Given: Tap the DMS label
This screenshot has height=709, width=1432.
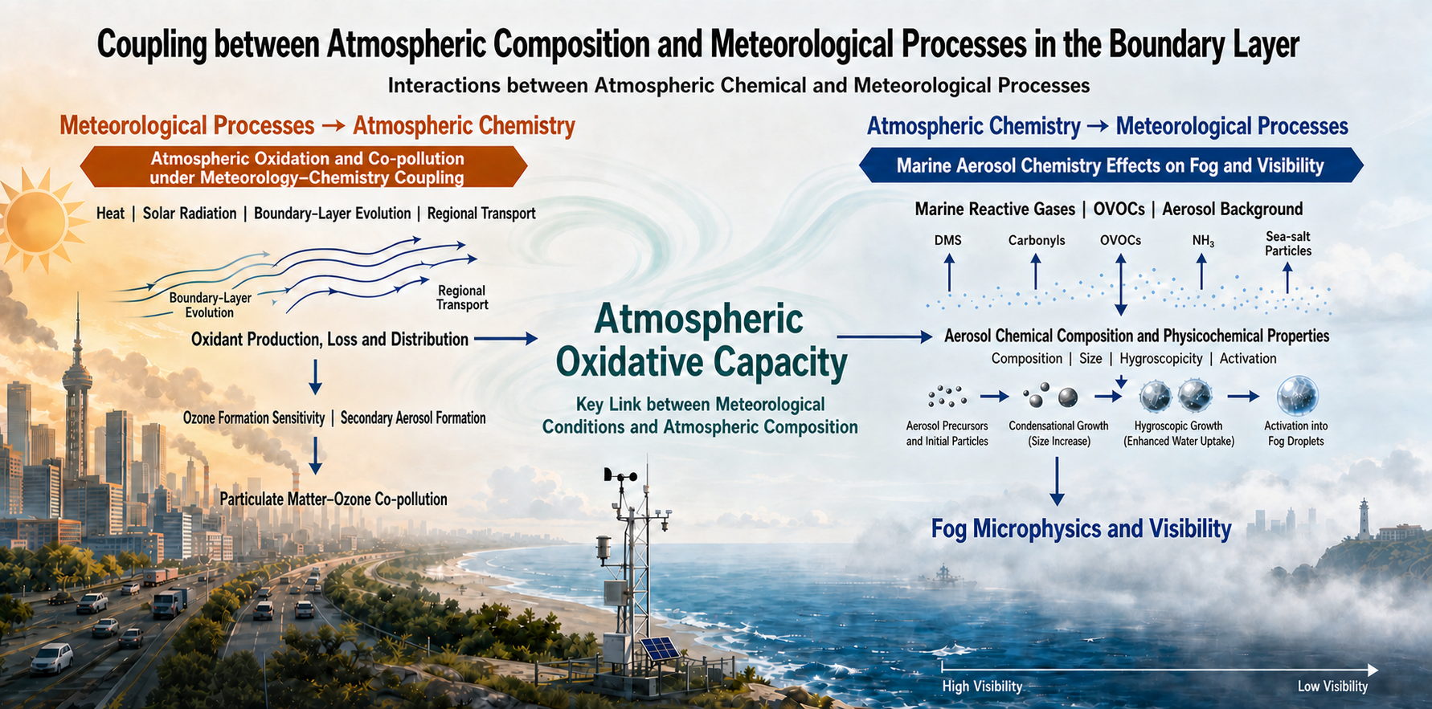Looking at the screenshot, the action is [948, 240].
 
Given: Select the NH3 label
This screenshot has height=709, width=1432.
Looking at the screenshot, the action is [1203, 241].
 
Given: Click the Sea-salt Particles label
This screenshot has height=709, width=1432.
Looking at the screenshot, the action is [1288, 243].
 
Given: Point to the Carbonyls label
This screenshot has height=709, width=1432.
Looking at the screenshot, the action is [1037, 240].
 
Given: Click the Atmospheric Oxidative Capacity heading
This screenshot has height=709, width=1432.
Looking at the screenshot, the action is [701, 340].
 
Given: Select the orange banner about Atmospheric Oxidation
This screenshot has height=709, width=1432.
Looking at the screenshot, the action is [304, 167].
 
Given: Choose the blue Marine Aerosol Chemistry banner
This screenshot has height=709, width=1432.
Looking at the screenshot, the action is [1111, 165].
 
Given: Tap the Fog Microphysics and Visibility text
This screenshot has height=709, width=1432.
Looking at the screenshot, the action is [1081, 528].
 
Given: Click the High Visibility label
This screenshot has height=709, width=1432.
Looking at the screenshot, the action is [982, 687].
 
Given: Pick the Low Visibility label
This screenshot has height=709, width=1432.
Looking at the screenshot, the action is [1332, 687].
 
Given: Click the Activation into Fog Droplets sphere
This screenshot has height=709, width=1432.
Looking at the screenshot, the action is [1297, 396].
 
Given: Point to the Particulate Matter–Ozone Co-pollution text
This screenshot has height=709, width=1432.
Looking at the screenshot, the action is [333, 499].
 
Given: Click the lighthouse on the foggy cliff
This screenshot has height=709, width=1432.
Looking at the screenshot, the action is [1364, 519].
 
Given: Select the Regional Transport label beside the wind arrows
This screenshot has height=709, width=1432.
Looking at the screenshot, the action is [462, 297].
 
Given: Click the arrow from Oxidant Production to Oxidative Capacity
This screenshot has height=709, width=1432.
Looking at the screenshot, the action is [505, 339].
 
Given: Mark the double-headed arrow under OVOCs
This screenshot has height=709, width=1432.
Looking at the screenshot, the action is [1120, 285].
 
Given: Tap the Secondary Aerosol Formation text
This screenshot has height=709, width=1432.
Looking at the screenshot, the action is [413, 418].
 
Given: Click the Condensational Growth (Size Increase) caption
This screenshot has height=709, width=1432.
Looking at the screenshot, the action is [1058, 434].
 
